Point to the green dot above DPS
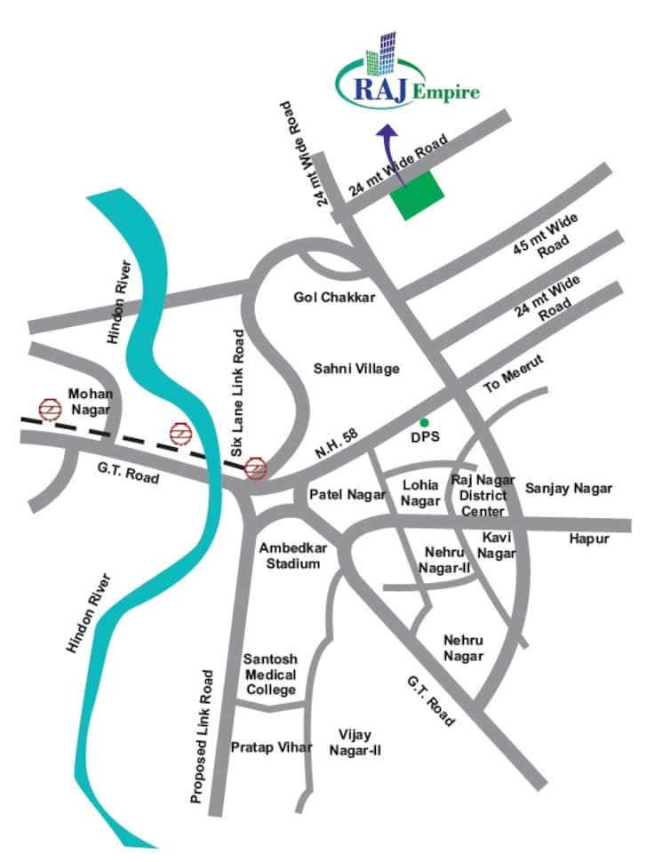pyautogui.click(x=424, y=421)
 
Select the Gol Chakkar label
pyautogui.click(x=335, y=297)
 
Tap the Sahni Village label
pyautogui.click(x=356, y=368)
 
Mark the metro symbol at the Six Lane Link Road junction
pyautogui.click(x=256, y=467)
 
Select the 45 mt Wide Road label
pyautogui.click(x=546, y=240)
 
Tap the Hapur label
pyautogui.click(x=589, y=539)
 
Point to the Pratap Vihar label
pyautogui.click(x=271, y=747)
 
